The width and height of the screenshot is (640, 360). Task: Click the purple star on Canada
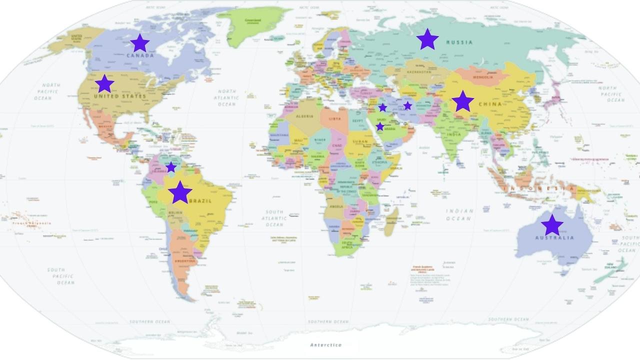pos(139,43)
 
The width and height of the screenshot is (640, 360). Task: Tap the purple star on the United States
pos(104,83)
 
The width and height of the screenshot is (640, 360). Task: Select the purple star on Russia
pos(427,39)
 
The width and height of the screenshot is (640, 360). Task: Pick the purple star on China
pos(462,101)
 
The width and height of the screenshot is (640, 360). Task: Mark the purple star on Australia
pos(552,225)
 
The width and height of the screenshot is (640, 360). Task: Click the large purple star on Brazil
pos(180,192)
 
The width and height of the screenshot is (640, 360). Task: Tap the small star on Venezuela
pos(171,167)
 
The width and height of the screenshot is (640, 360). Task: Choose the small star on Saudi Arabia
pos(380,126)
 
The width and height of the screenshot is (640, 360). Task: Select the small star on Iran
pos(407,105)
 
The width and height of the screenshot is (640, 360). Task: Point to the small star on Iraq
pos(382,107)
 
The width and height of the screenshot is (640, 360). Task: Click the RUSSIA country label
pos(459,42)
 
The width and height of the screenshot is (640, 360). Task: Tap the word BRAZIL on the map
pos(200,201)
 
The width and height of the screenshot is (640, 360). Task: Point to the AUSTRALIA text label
pos(554,238)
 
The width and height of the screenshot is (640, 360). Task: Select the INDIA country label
pos(454,134)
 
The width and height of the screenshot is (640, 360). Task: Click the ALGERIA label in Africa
pos(305,116)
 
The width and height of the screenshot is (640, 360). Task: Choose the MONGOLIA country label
pos(482,77)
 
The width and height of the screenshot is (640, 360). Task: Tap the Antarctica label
pos(325,344)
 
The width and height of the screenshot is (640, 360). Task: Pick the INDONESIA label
pos(540,188)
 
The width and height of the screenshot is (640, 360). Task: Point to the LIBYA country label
pos(335,118)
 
